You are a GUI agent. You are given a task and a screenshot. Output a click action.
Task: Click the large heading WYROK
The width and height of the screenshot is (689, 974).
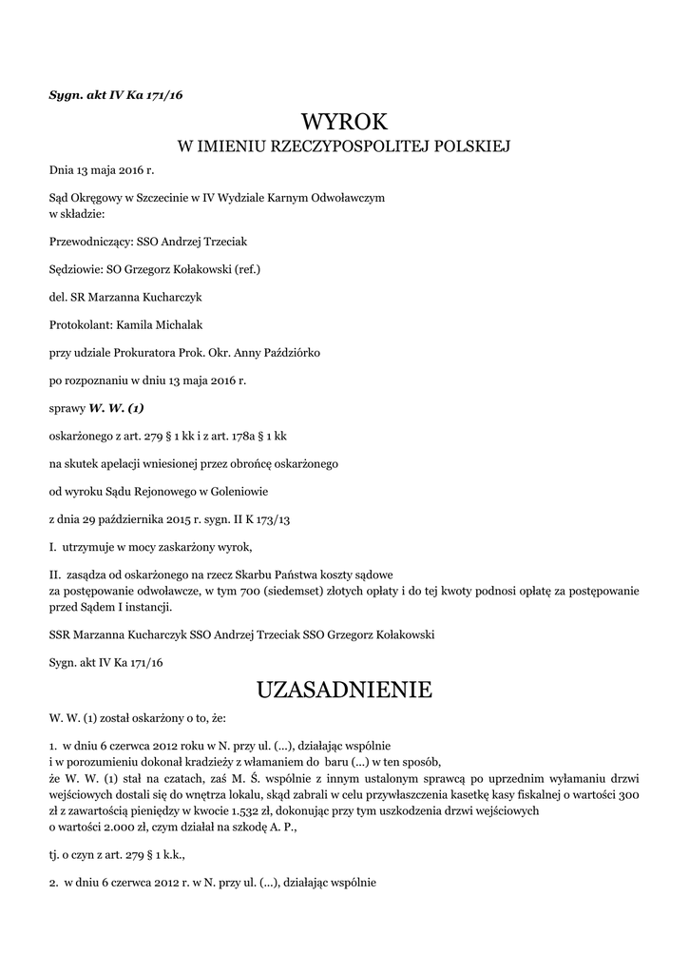(x=344, y=122)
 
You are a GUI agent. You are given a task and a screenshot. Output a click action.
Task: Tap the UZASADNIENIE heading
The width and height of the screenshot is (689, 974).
(x=344, y=689)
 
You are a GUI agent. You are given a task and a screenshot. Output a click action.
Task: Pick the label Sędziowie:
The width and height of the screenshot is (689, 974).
(x=77, y=269)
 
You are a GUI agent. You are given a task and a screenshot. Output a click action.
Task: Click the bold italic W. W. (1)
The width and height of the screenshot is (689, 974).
(x=116, y=407)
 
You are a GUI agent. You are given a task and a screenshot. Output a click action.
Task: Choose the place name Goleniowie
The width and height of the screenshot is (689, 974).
(x=238, y=491)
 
